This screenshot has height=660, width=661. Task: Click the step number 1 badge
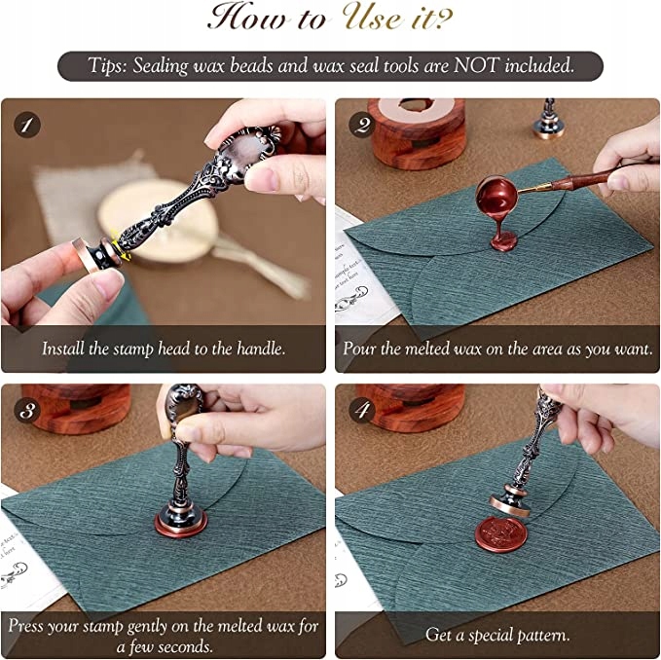point(27,125)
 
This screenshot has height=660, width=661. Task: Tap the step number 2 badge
point(362,125)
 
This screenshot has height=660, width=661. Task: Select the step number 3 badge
point(27,410)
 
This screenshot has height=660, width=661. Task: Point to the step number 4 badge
point(362,410)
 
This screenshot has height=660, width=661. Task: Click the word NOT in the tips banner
point(476,65)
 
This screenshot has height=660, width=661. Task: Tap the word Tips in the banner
point(107,66)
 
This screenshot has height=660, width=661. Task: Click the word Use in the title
point(373,17)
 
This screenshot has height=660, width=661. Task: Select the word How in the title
point(249,17)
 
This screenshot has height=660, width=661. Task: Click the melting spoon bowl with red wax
point(497,195)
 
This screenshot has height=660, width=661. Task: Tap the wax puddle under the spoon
point(503,243)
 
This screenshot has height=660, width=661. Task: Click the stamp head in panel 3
point(181,523)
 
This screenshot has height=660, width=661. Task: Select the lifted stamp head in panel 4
point(510,500)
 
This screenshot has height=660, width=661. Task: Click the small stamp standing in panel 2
point(548,120)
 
